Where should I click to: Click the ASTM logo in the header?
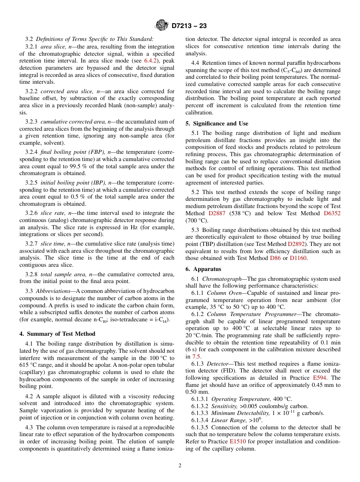click(162, 26)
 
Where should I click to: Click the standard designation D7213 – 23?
click(189, 26)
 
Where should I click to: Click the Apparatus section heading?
click(208, 269)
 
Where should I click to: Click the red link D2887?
click(217, 213)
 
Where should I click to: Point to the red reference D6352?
click(332, 213)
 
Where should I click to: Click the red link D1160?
click(298, 258)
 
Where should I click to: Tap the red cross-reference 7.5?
click(196, 357)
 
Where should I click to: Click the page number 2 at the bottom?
click(180, 466)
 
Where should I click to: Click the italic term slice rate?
click(53, 213)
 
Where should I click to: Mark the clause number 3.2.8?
click(32, 274)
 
